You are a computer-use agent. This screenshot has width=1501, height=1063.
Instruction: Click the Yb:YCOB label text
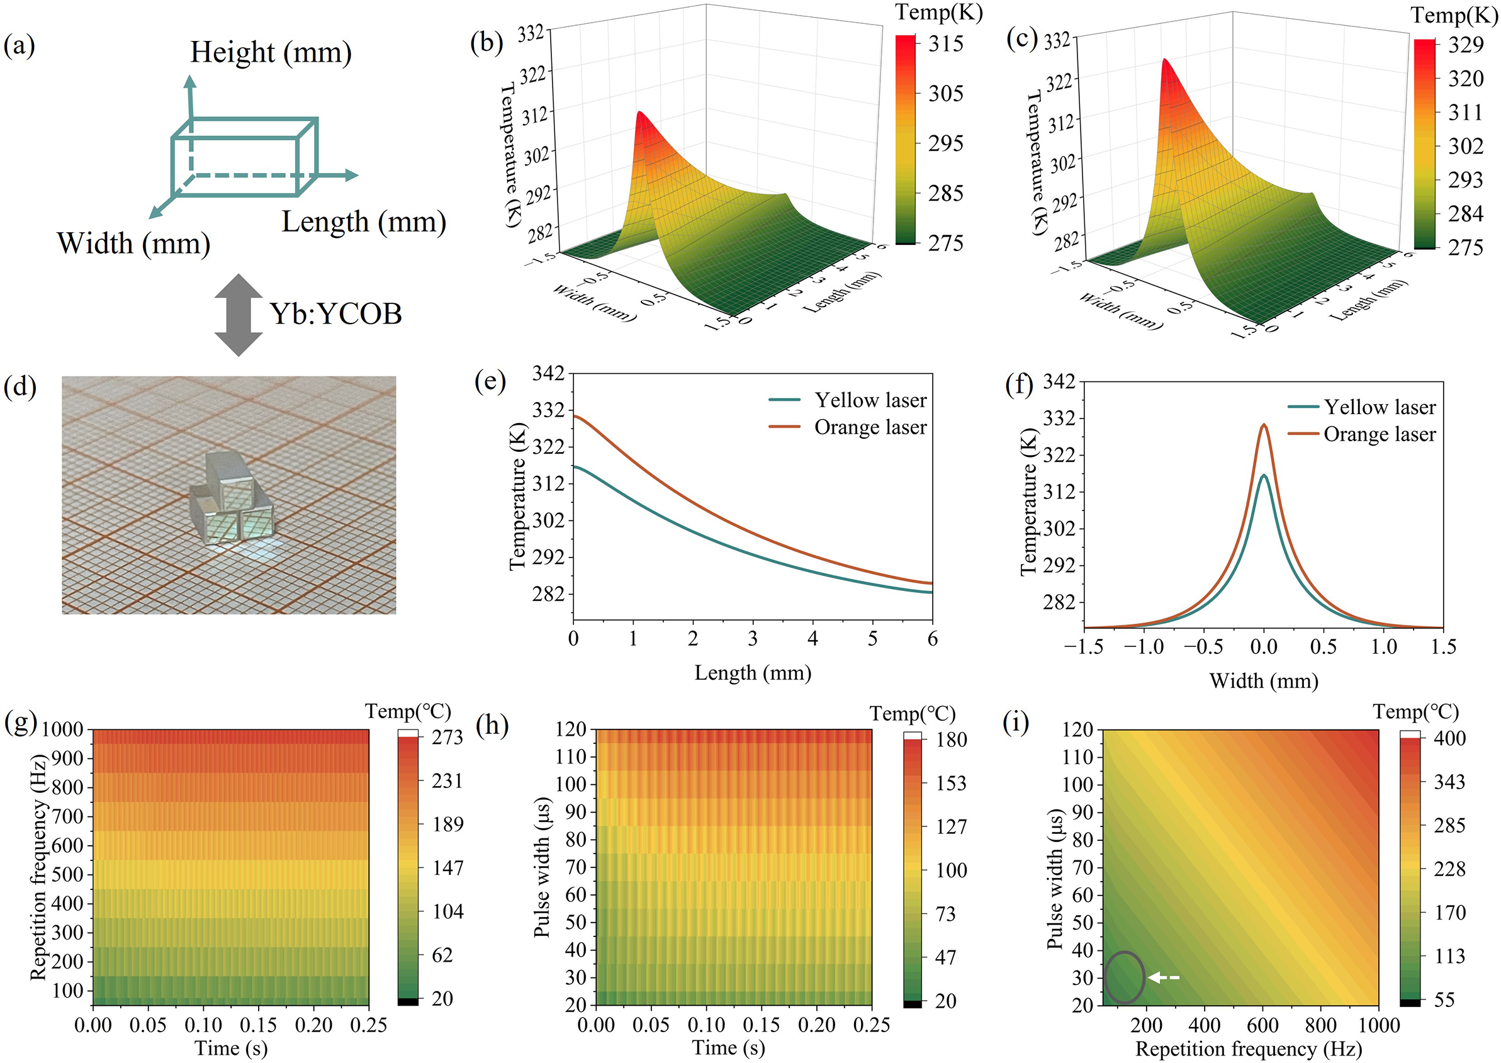click(x=336, y=313)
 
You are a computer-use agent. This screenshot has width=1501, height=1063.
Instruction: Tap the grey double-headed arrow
click(x=239, y=315)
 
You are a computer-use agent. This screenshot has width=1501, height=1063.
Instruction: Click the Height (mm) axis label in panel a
click(x=271, y=52)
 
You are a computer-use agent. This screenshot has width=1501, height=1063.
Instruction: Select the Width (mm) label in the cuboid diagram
click(x=133, y=244)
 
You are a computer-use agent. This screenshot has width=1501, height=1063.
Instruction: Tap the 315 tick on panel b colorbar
click(x=945, y=44)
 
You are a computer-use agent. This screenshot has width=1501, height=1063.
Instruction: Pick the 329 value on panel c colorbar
click(x=1465, y=45)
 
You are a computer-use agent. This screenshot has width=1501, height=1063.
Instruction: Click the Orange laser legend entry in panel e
click(x=869, y=427)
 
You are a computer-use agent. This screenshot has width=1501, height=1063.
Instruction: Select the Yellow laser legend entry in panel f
click(x=1380, y=407)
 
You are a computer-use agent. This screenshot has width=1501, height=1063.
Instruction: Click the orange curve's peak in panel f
click(x=1264, y=425)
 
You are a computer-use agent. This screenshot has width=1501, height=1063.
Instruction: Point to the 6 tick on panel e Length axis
click(x=932, y=639)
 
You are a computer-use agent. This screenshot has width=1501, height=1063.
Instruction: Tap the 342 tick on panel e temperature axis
click(x=548, y=374)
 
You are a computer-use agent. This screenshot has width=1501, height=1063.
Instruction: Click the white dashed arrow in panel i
click(x=1164, y=978)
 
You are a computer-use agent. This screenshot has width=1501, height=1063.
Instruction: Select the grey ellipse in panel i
click(x=1124, y=977)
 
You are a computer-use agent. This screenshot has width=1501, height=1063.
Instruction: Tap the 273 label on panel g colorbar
click(x=447, y=738)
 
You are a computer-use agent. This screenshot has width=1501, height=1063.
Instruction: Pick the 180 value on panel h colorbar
click(x=951, y=740)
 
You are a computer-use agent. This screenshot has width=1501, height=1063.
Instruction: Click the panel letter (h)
click(x=492, y=726)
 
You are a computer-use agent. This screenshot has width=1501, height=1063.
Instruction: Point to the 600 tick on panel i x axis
click(x=1262, y=1025)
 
